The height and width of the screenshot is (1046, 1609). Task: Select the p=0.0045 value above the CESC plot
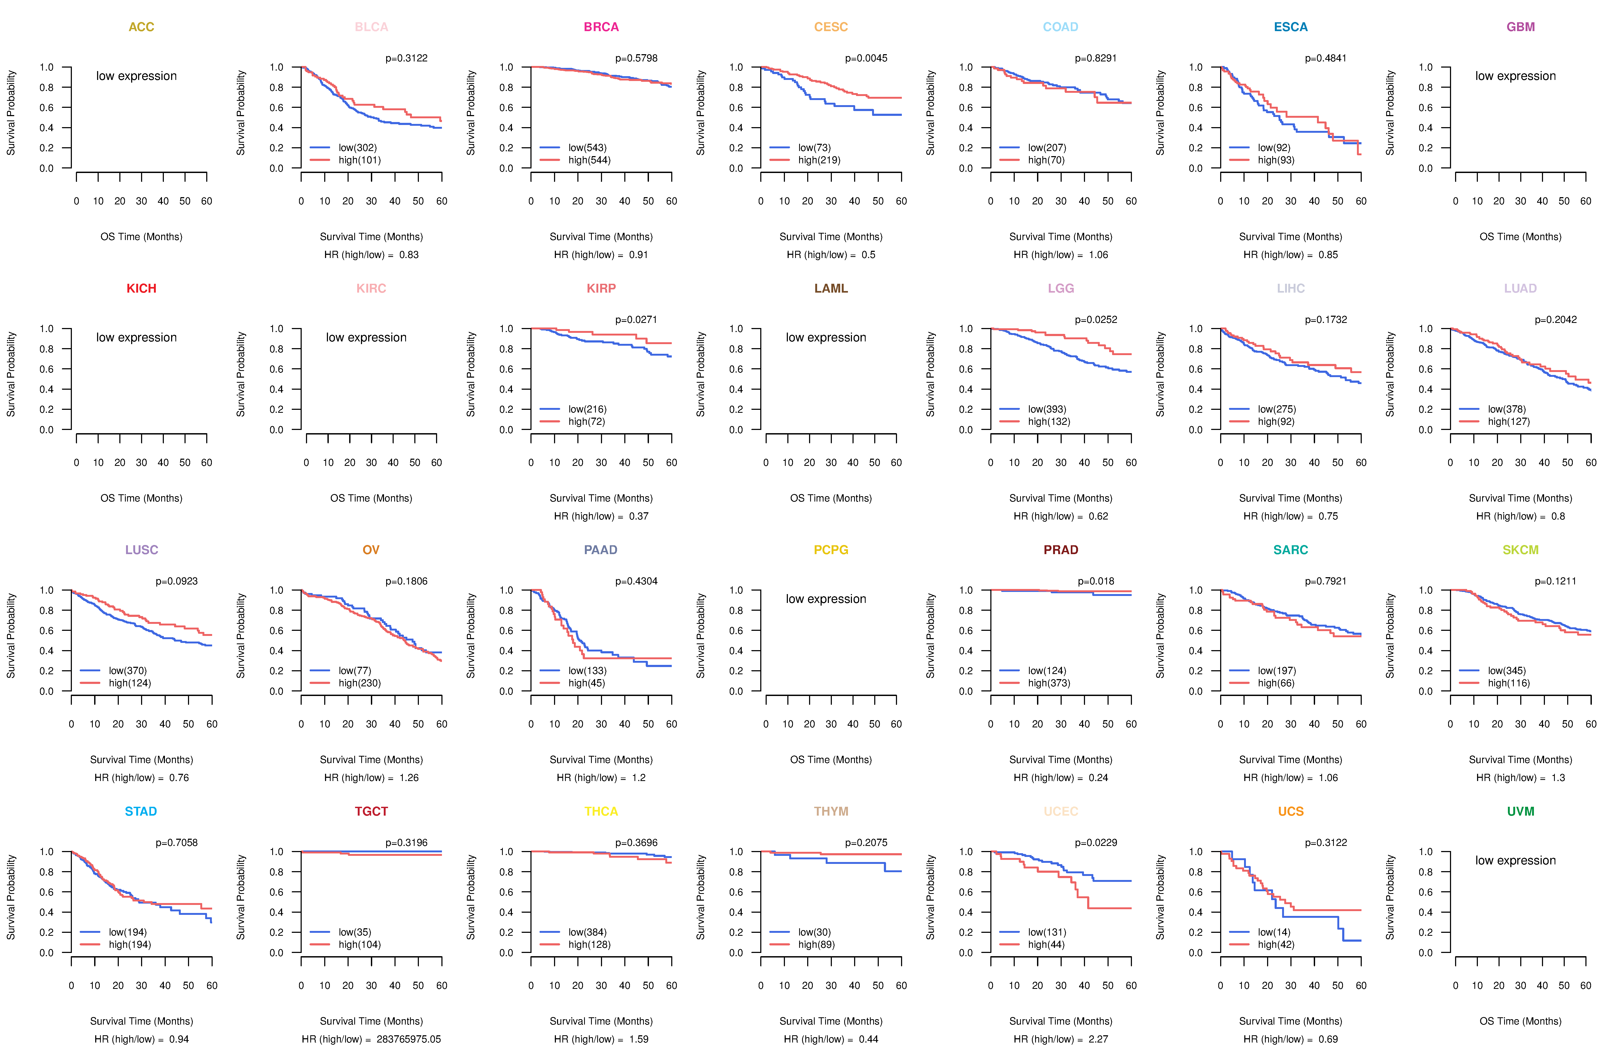(x=866, y=58)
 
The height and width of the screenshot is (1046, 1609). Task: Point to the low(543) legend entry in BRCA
(x=587, y=148)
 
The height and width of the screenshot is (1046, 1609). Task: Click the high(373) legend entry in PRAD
(x=1049, y=683)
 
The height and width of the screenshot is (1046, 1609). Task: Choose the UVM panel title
(x=1521, y=811)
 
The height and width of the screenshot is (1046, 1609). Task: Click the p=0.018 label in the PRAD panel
(x=1096, y=581)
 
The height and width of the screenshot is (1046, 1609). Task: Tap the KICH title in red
(x=141, y=289)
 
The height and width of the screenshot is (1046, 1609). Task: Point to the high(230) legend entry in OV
(x=359, y=683)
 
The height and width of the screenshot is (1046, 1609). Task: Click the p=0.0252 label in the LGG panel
(x=1096, y=320)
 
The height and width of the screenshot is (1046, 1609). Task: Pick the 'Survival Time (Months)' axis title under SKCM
(x=1521, y=760)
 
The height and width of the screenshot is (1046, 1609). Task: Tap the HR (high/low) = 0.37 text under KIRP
(x=601, y=516)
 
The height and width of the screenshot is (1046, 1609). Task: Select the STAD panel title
(x=141, y=811)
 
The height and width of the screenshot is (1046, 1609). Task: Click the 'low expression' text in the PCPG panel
(x=825, y=599)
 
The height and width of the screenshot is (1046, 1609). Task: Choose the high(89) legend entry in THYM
(x=816, y=945)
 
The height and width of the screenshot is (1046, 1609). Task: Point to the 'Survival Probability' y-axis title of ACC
(x=11, y=113)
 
